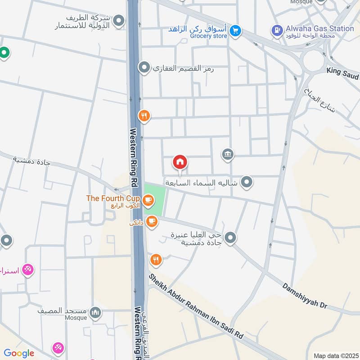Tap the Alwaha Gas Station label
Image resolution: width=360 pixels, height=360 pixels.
[319, 28]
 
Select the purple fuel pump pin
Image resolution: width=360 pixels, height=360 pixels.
[276, 31]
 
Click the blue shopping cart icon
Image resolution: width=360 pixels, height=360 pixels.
[234, 31]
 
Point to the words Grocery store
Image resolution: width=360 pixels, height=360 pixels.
[209, 36]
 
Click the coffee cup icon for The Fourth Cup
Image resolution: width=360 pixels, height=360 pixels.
[147, 199]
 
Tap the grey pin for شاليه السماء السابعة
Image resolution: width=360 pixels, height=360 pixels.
[246, 182]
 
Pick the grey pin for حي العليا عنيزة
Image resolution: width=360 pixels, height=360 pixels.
[230, 238]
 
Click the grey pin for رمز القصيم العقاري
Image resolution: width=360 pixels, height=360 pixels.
[144, 68]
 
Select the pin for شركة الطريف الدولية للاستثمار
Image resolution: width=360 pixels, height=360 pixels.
[119, 21]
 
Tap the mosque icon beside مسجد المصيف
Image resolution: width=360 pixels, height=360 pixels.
[95, 312]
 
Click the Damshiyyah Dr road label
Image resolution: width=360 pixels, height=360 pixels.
[305, 296]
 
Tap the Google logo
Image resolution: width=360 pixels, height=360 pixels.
[19, 353]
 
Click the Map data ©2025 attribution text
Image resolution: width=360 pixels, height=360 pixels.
[335, 355]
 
